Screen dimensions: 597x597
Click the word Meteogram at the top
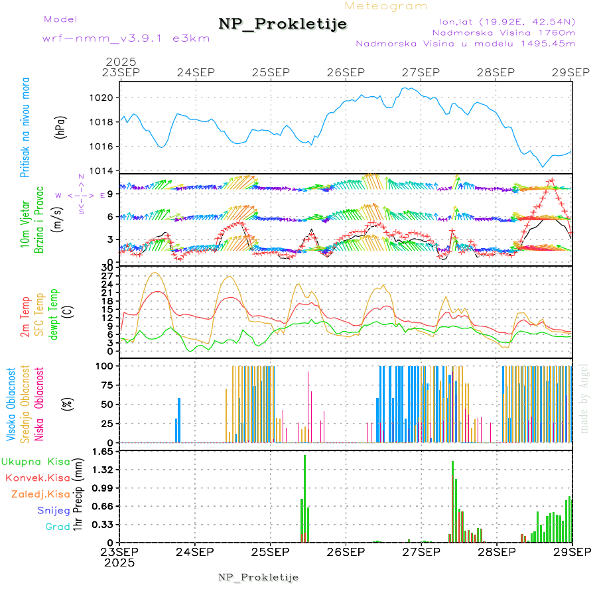pyautogui.click(x=386, y=6)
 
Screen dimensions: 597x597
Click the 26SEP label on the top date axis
pyautogui.click(x=346, y=72)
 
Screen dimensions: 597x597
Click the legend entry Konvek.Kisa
pyautogui.click(x=37, y=478)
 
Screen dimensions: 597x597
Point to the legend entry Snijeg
pyautogui.click(x=53, y=510)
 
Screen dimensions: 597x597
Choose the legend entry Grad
pyautogui.click(x=57, y=527)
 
